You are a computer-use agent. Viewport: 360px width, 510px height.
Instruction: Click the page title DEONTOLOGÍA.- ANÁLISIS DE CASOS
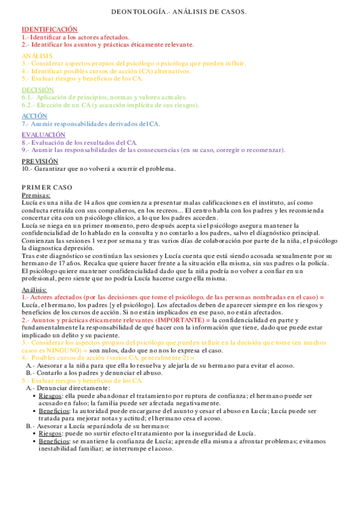pyautogui.click(x=180, y=12)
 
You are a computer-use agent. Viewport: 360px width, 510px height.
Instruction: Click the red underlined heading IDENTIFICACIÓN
pyautogui.click(x=50, y=29)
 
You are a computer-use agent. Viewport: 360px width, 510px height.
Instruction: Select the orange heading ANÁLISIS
pyautogui.click(x=37, y=55)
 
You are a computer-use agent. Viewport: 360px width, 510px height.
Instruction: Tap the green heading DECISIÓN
pyautogui.click(x=38, y=89)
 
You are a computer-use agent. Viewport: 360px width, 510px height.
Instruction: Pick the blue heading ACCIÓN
pyautogui.click(x=35, y=115)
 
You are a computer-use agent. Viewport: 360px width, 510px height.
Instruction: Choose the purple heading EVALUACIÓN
pyautogui.click(x=44, y=135)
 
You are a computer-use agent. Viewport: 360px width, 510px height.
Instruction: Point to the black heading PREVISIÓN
pyautogui.click(x=40, y=161)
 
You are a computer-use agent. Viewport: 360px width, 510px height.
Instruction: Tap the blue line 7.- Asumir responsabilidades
pyautogui.click(x=90, y=123)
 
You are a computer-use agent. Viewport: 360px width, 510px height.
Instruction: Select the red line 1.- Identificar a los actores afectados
pyautogui.click(x=75, y=37)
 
